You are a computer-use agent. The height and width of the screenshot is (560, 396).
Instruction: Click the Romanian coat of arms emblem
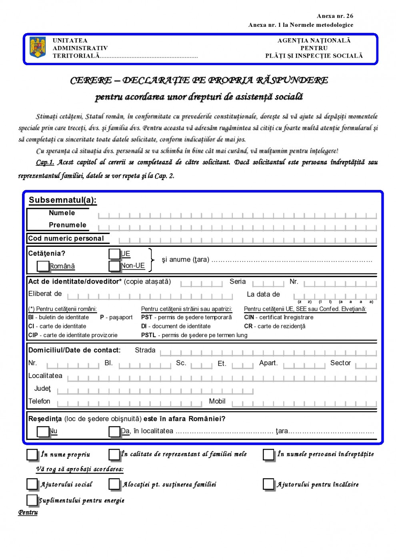tap(38, 48)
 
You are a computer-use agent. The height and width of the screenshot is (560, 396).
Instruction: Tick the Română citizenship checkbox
tap(42, 266)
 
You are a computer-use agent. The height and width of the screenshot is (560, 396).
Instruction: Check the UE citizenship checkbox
tap(114, 254)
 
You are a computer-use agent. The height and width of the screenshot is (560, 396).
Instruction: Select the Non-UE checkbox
tap(114, 266)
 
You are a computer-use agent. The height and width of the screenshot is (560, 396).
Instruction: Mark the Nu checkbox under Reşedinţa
tap(42, 431)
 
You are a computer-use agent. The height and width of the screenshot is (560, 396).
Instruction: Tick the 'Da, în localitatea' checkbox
tap(114, 431)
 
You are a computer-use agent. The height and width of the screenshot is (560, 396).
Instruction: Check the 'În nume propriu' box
tap(32, 454)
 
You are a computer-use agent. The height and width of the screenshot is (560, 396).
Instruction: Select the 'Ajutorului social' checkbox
tap(32, 484)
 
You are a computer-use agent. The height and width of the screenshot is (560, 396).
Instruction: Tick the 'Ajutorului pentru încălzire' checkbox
tap(268, 484)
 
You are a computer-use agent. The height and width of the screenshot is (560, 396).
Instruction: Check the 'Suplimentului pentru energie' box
tap(32, 500)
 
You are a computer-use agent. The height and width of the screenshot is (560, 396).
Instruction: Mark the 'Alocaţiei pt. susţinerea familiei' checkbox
tap(114, 484)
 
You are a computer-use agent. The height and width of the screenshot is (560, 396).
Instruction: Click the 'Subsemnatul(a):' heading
tap(62, 200)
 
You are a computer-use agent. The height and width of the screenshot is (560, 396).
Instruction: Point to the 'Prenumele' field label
tap(67, 225)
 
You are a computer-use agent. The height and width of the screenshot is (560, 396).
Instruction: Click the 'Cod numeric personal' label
tap(66, 238)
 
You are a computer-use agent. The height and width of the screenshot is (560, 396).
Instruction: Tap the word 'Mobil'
tap(217, 401)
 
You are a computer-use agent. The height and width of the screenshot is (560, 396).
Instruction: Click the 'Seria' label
tap(238, 282)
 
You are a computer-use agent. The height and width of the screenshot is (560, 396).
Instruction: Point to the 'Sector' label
tap(340, 363)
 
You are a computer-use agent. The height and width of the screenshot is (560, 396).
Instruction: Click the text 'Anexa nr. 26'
tap(335, 16)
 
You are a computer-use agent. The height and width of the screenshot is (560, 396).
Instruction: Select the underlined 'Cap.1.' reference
tap(45, 162)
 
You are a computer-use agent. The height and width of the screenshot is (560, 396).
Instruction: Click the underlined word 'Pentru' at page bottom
tap(28, 512)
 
